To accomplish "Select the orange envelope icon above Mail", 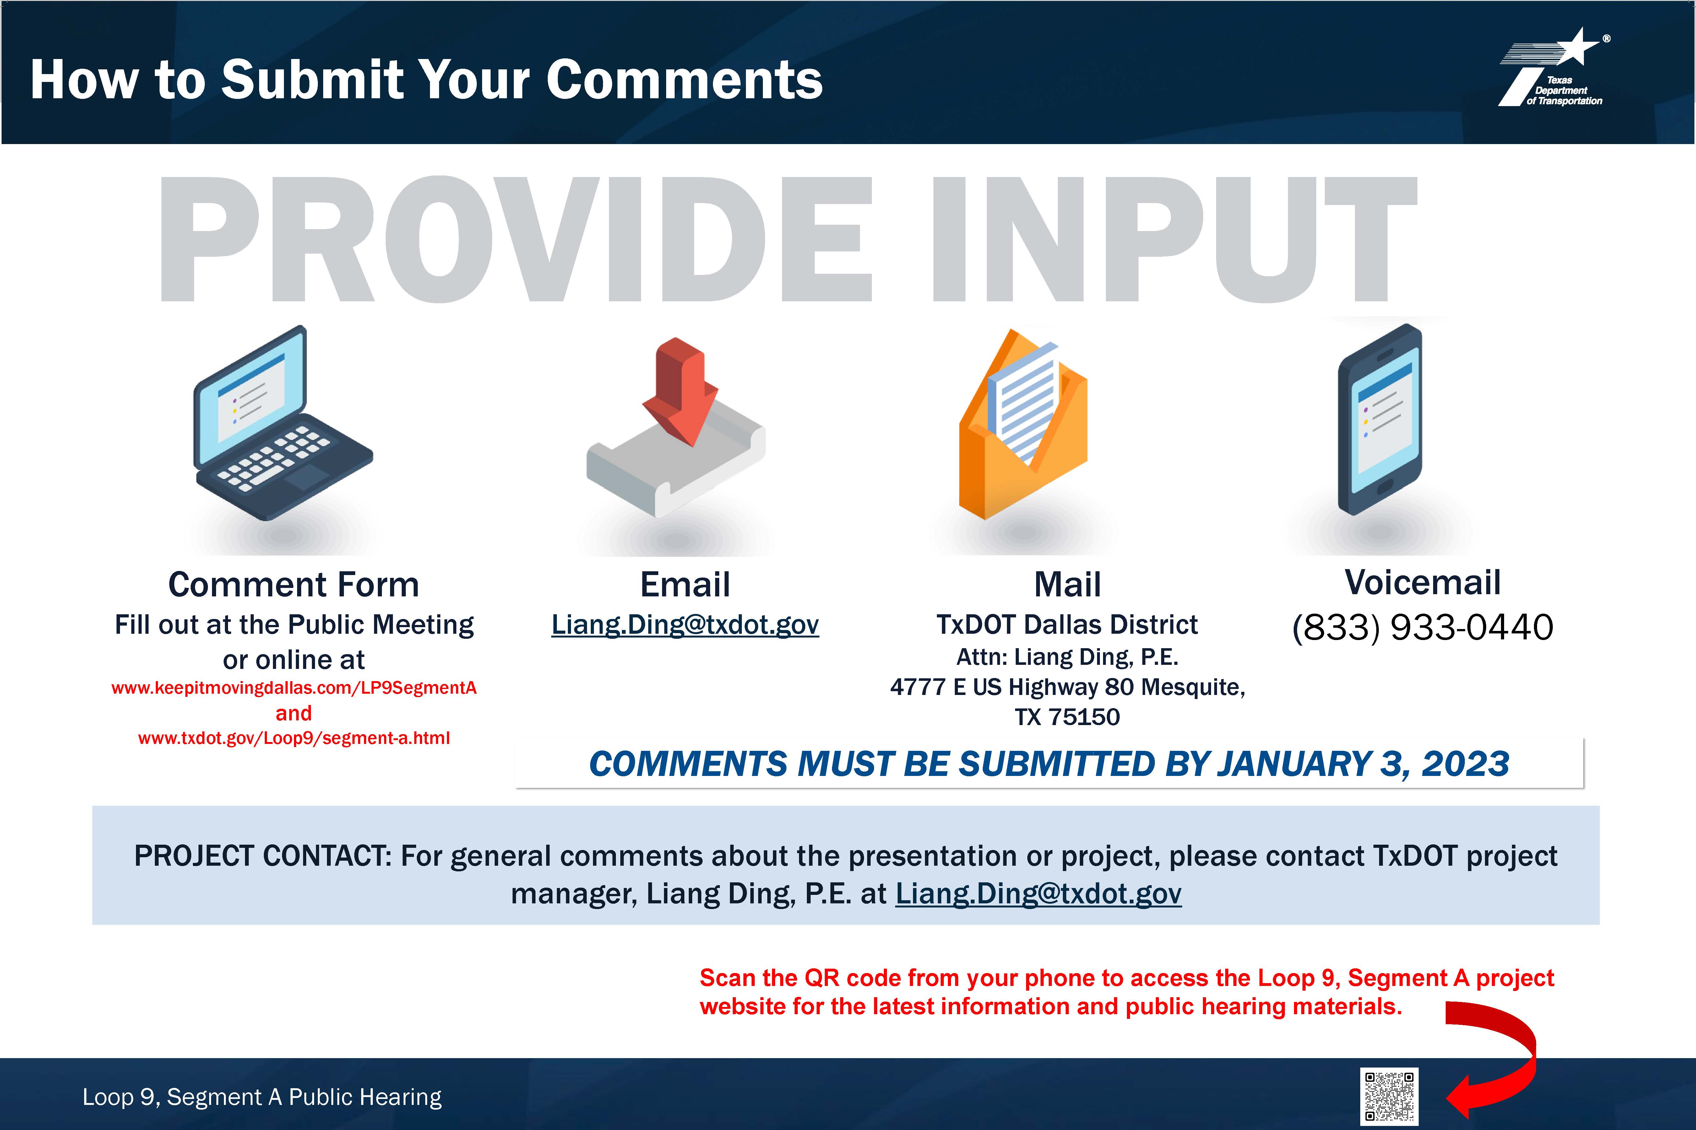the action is [1023, 424].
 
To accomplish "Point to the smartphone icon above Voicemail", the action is [1380, 419].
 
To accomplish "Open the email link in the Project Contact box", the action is [1038, 894].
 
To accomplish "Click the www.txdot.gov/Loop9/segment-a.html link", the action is [294, 738].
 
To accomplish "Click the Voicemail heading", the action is [1423, 582].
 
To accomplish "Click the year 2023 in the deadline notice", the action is [1465, 764].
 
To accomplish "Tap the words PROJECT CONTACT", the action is [263, 856].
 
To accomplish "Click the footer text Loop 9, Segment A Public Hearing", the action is [262, 1097].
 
